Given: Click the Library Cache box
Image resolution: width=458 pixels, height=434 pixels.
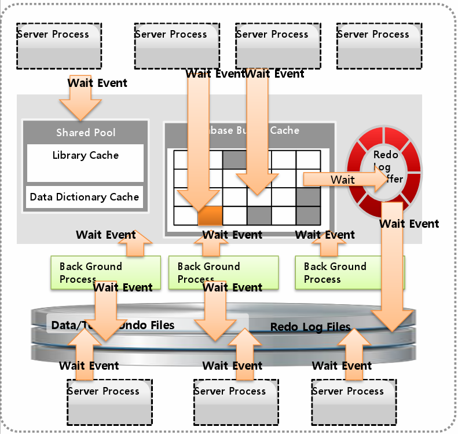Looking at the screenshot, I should tap(85, 163).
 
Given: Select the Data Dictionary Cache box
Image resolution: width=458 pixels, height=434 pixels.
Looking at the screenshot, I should tap(85, 197).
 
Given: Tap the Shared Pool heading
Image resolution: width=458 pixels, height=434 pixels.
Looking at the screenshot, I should tap(85, 133).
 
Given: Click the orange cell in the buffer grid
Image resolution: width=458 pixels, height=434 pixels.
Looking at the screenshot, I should tap(210, 216).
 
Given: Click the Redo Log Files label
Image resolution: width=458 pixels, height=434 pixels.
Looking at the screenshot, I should tap(310, 327).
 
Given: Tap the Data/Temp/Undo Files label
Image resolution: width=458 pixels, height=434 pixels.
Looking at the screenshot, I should tap(113, 325).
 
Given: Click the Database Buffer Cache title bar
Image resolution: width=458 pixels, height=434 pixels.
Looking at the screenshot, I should tap(250, 130).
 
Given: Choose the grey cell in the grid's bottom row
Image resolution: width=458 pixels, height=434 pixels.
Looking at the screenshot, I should tap(259, 216).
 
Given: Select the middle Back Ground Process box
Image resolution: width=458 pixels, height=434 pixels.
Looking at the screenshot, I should tap(223, 272).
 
